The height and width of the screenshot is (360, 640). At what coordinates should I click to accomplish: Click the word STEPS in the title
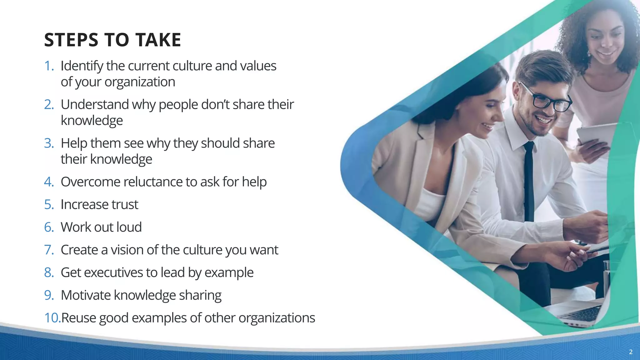coord(71,40)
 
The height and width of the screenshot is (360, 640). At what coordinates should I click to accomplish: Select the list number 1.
coord(48,66)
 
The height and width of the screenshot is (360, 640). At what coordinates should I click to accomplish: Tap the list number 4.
coord(49,182)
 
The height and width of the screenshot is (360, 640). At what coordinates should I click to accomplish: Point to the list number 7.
coord(49,250)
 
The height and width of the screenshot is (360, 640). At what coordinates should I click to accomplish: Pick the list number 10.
coord(52,318)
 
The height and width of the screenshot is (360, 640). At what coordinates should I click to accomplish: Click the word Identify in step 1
coord(82,66)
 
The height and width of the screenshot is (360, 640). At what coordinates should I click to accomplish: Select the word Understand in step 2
coord(94,105)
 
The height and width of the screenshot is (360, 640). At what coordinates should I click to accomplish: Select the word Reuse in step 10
coord(79,318)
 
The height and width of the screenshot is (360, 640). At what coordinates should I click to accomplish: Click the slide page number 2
coord(631,352)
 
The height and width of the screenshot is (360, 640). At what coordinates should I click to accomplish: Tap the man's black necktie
coord(529,181)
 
